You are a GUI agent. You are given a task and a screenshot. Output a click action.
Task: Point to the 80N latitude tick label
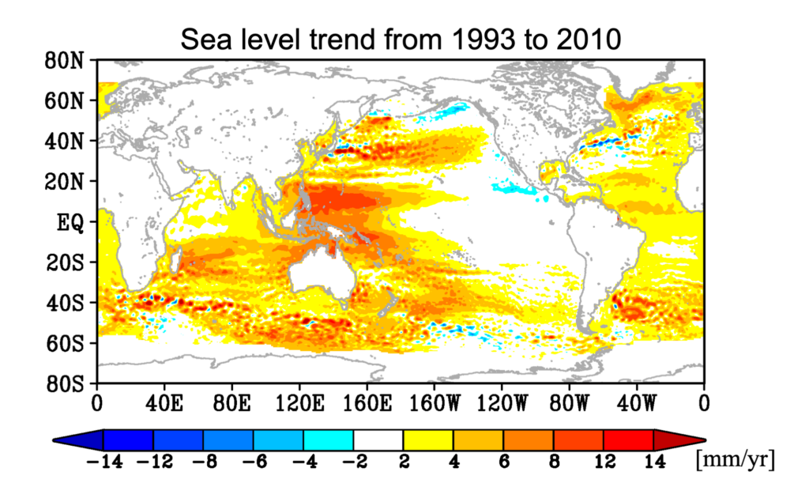pos(70,61)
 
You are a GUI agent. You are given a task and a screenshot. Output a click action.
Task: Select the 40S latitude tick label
pos(70,303)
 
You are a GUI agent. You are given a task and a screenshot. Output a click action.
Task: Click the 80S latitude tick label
pos(70,384)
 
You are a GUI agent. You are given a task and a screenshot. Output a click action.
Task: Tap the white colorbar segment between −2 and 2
pos(378,440)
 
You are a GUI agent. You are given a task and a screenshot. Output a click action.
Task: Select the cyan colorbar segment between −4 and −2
pos(328,440)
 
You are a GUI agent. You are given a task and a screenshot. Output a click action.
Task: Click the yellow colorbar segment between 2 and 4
pos(428,440)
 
